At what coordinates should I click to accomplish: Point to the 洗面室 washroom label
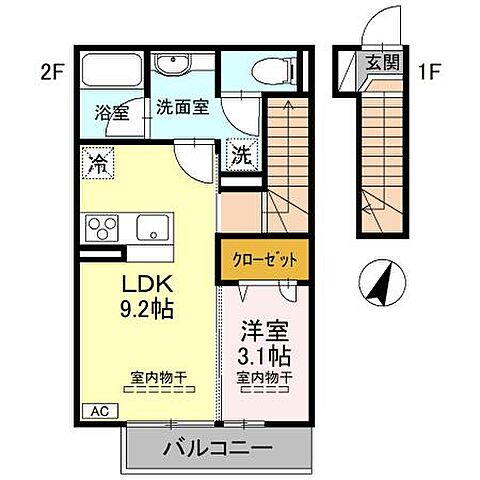182,107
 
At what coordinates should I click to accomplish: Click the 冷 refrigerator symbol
98,162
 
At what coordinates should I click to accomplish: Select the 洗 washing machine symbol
243,154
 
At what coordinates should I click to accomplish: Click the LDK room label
146,282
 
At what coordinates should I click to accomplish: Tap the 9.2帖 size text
146,308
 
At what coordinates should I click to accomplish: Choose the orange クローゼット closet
259,259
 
